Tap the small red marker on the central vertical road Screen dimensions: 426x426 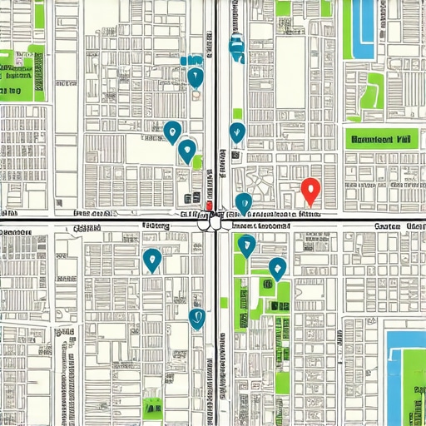tap(209, 206)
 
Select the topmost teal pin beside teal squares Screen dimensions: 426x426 tap(196, 77)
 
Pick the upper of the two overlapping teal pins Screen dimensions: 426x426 tap(172, 130)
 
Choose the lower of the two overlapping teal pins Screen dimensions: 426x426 tap(187, 150)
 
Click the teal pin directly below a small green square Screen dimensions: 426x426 tap(237, 131)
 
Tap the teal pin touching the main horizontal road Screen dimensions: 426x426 tap(243, 202)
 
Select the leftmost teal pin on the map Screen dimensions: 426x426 tap(151, 259)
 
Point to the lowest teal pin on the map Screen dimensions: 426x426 tap(197, 317)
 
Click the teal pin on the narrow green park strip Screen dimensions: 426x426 tap(246, 245)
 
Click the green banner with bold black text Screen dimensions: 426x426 tap(381, 141)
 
